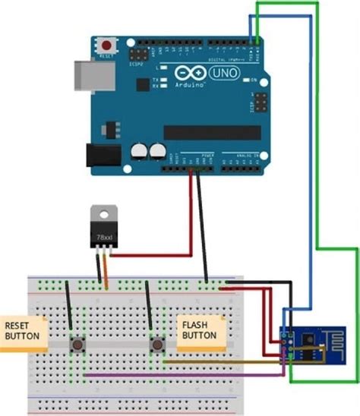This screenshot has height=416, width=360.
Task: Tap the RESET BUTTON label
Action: [23, 329]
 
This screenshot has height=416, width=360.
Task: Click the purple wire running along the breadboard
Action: [182, 374]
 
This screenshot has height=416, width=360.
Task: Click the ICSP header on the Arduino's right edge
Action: [260, 102]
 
